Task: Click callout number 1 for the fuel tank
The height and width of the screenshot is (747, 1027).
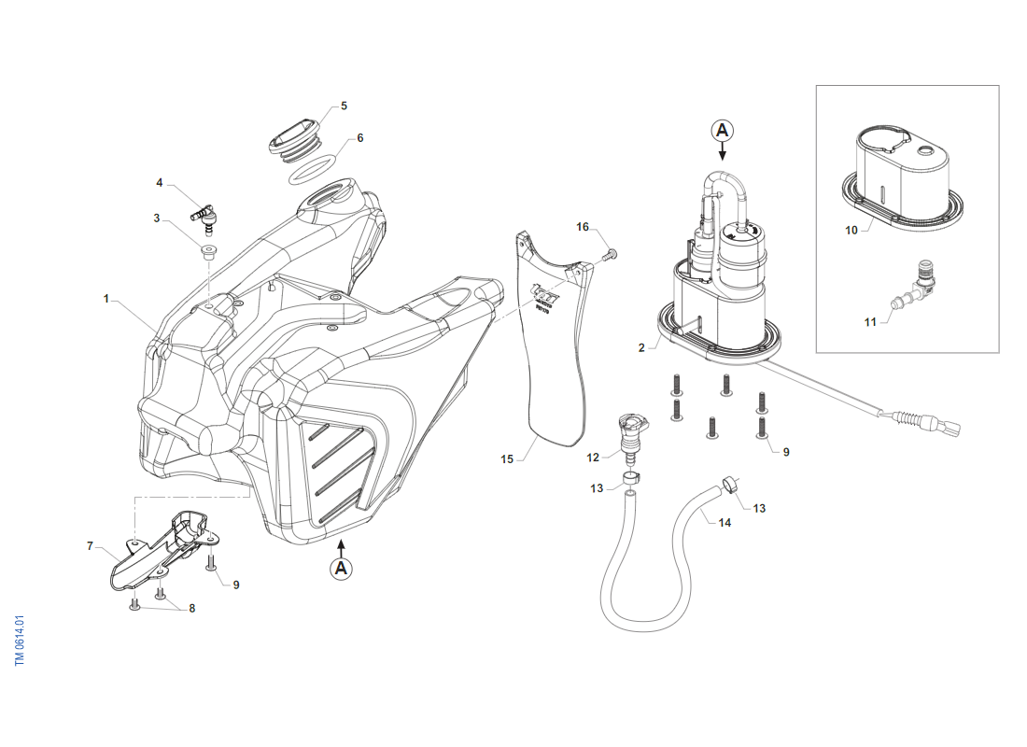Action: (106, 299)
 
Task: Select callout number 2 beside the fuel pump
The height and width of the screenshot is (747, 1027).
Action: (641, 347)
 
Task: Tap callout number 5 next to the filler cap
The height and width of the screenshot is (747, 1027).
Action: (344, 106)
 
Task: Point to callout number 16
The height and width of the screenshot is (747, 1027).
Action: (583, 227)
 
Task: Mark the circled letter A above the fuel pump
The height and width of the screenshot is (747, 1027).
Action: (722, 129)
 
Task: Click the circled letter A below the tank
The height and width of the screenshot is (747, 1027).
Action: (341, 567)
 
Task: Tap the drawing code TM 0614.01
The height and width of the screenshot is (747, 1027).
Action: (20, 640)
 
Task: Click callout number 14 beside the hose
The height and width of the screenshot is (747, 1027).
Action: (725, 523)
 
